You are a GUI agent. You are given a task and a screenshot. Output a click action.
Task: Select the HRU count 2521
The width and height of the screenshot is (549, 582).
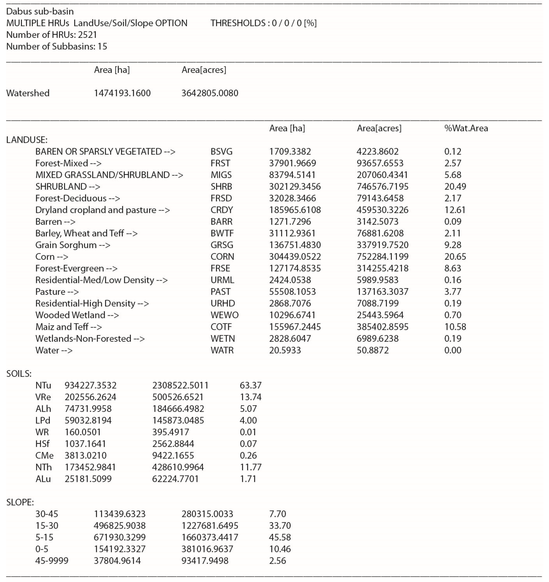(87, 35)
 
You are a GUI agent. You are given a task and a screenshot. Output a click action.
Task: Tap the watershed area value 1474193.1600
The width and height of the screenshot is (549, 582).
(122, 93)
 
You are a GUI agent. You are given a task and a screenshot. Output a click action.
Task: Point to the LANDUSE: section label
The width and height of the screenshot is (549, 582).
(27, 140)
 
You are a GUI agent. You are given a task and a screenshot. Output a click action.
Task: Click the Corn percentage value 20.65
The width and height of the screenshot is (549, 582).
(455, 257)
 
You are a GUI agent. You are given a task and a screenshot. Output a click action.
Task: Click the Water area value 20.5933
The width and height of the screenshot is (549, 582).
(285, 350)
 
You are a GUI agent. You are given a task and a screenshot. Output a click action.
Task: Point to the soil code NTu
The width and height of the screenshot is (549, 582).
(43, 385)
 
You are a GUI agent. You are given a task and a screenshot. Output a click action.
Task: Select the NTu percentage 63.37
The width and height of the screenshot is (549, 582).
(251, 385)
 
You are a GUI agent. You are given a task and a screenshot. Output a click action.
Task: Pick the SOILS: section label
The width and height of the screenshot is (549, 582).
(19, 374)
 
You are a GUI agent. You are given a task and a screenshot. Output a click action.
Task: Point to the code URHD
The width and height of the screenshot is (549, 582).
(223, 303)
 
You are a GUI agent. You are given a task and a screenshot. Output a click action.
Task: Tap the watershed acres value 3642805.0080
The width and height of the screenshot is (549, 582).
(210, 93)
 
